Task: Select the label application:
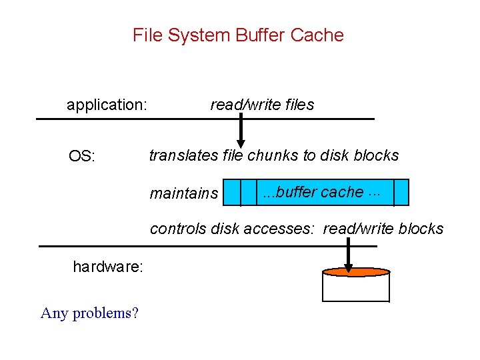tap(107, 105)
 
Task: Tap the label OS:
tap(82, 157)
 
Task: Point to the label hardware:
tap(108, 267)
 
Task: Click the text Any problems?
tap(89, 313)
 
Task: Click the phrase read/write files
tap(262, 105)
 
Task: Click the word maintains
tap(183, 193)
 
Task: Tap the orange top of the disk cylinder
tap(355, 272)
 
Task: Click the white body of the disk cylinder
tap(355, 288)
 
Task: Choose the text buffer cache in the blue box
tap(320, 192)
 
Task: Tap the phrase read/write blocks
tap(383, 229)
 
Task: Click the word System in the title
tap(204, 35)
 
